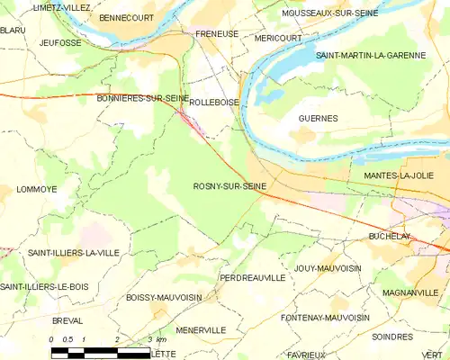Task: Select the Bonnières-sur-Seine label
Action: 141,98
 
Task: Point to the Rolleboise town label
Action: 215,103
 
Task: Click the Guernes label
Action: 318,118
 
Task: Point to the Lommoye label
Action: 37,189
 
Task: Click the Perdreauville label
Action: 253,278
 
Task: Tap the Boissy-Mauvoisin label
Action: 164,296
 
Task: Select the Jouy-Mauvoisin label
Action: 328,268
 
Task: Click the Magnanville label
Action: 409,293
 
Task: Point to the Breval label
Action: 67,319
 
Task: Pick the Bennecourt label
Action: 126,17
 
